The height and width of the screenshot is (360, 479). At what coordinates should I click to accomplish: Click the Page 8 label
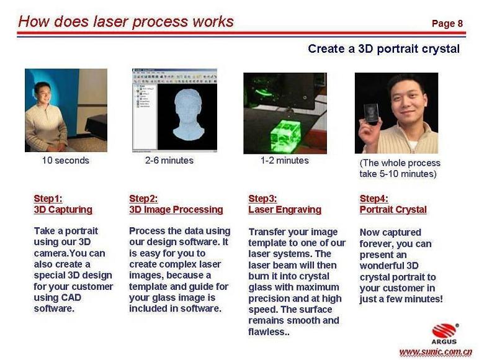click(x=447, y=24)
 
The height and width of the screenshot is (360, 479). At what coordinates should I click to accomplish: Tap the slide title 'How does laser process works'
click(x=126, y=22)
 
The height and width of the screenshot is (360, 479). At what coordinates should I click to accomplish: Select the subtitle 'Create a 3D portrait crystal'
click(x=383, y=49)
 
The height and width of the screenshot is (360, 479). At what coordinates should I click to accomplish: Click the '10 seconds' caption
click(x=65, y=160)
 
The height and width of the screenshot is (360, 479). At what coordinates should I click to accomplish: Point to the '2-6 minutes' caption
click(x=169, y=160)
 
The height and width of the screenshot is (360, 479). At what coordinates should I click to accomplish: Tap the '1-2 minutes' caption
click(x=284, y=160)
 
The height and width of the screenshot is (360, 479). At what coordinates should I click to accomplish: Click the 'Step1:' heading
click(x=48, y=199)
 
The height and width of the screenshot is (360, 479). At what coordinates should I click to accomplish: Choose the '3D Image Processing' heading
click(x=176, y=210)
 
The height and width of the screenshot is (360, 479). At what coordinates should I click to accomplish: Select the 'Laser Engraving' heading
click(x=285, y=210)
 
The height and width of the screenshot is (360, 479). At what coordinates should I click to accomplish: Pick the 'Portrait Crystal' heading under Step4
click(x=393, y=210)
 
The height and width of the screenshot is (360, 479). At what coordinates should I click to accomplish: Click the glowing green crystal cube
click(x=285, y=136)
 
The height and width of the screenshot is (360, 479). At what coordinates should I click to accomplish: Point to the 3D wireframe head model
click(x=188, y=117)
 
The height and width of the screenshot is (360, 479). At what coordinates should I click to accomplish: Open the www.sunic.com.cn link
click(x=436, y=352)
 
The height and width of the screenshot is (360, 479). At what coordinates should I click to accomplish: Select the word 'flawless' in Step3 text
click(x=266, y=331)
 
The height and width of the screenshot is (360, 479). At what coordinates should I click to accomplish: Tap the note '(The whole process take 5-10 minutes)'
click(x=400, y=168)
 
